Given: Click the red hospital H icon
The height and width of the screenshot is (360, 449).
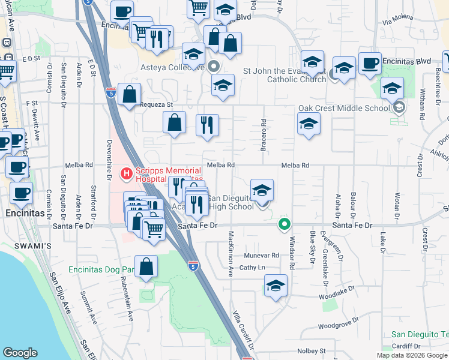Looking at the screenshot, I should click(127, 174).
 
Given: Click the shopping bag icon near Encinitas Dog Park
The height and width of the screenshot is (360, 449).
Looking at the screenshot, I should click(146, 266).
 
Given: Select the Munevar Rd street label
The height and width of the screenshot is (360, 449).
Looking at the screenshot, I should click(262, 255).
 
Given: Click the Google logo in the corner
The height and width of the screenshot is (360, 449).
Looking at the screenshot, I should click(20, 353).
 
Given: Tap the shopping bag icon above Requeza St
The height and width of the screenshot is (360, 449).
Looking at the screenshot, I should click(129, 94).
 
